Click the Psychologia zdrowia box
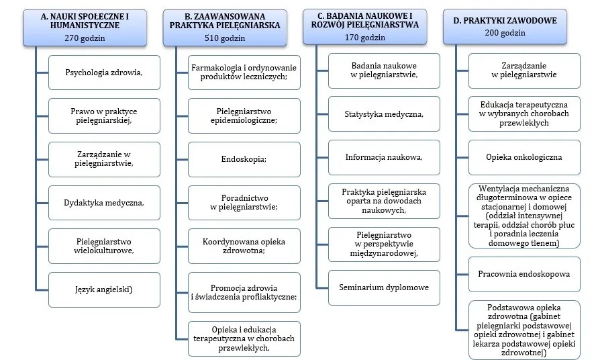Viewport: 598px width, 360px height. [x=104, y=73]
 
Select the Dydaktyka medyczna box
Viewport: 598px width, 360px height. [x=104, y=203]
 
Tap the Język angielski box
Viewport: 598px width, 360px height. [x=104, y=289]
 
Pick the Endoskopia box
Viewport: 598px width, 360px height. [x=244, y=159]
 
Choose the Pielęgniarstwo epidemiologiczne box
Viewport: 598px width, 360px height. [x=244, y=116]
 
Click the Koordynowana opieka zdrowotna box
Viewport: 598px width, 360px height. [x=244, y=246]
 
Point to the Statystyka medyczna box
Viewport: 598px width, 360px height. [x=384, y=114]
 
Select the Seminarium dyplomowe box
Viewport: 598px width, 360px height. [x=384, y=287]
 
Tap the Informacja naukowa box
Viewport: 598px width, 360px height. [x=384, y=157]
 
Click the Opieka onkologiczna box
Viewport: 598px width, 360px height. [x=524, y=157]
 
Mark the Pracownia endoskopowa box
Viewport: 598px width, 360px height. [x=524, y=274]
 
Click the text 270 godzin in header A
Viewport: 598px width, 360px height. [x=85, y=38]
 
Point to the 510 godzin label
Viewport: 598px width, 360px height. [x=225, y=38]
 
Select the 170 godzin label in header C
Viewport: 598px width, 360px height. [x=365, y=38]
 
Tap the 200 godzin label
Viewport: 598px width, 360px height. [x=505, y=33]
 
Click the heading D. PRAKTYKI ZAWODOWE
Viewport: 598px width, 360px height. [x=505, y=21]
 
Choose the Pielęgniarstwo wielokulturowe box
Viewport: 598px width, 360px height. [x=104, y=246]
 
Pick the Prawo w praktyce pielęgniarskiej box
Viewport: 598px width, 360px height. [x=104, y=116]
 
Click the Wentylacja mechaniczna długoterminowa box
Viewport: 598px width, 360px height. [x=524, y=216]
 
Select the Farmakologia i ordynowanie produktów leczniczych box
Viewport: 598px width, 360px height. [x=244, y=73]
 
